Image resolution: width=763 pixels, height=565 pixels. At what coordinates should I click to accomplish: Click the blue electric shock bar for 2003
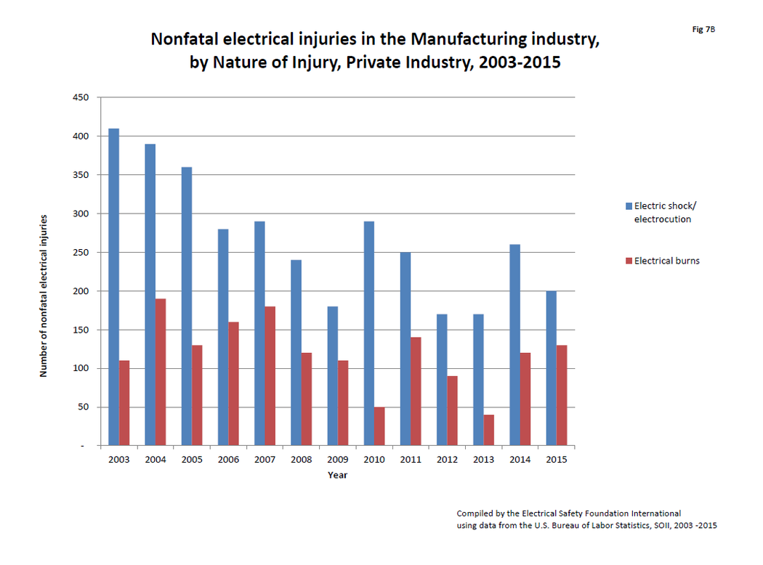[x=113, y=287]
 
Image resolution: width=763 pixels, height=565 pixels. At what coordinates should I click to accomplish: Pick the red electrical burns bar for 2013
[x=488, y=430]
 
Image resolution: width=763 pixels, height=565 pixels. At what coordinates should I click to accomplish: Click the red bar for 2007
[x=270, y=375]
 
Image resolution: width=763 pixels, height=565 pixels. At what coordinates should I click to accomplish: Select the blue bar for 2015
[x=551, y=368]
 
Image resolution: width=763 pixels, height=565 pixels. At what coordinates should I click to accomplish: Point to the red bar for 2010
[x=379, y=426]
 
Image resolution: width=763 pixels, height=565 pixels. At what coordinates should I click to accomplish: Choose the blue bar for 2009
[x=332, y=375]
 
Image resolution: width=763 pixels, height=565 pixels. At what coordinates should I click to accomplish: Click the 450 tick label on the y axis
[x=80, y=97]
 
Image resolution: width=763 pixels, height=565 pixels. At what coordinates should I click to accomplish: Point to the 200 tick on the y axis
[x=80, y=291]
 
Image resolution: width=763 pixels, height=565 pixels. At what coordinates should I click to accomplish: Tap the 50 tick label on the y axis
[x=82, y=407]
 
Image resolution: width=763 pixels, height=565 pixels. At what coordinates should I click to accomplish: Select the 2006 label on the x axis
[x=228, y=460]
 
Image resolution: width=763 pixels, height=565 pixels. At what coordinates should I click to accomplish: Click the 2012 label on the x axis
[x=447, y=460]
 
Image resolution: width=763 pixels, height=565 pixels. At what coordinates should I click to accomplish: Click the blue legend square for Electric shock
[x=629, y=206]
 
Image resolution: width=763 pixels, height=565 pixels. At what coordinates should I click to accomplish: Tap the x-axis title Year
[x=337, y=475]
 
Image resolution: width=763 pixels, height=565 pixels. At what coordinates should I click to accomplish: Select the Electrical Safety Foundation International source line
[x=568, y=513]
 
